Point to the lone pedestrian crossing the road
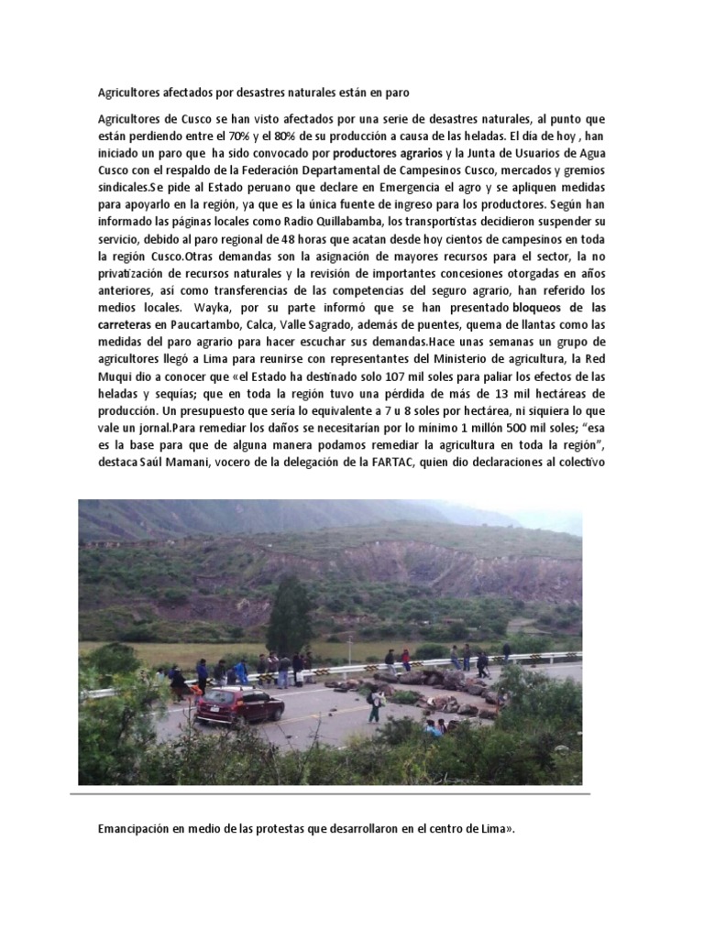374,706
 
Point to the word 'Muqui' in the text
118,376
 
